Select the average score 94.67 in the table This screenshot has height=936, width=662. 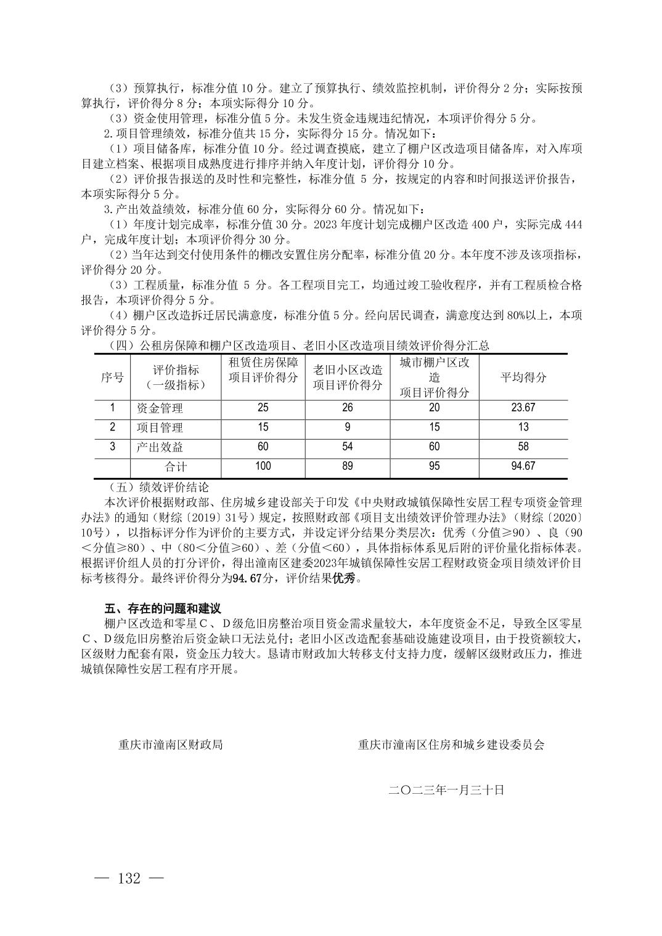[523, 466]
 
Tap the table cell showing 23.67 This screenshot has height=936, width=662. [523, 408]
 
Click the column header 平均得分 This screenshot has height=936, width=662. [523, 377]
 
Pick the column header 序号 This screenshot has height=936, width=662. [112, 377]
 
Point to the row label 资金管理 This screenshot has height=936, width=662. [160, 408]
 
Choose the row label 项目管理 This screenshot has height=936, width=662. [160, 427]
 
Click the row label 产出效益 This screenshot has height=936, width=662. [160, 447]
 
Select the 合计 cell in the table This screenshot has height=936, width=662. [175, 467]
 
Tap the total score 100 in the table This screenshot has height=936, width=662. [263, 466]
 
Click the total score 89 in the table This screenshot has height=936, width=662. [348, 466]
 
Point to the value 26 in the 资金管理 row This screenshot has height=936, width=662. [348, 408]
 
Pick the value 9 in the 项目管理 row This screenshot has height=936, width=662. [348, 427]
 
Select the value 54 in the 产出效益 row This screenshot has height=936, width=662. [348, 446]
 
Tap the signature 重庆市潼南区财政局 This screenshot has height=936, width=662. [171, 744]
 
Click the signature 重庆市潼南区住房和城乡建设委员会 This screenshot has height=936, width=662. [451, 744]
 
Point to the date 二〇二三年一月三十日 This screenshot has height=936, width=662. [446, 789]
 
